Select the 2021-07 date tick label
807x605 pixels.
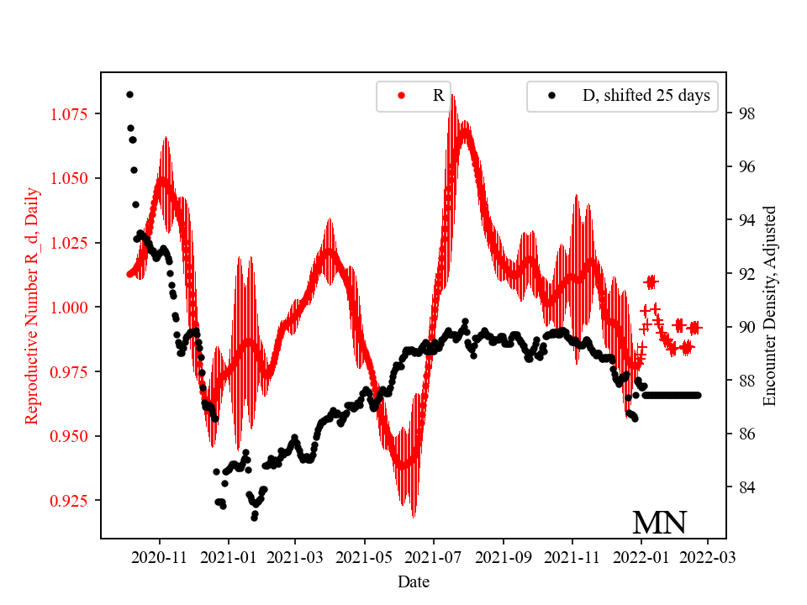click(x=434, y=556)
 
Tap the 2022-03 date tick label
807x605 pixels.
click(x=707, y=556)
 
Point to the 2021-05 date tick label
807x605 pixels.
click(x=365, y=556)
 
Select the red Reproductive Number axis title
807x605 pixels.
click(x=32, y=307)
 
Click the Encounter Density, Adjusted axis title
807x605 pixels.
click(x=769, y=307)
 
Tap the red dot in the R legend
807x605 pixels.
click(x=401, y=96)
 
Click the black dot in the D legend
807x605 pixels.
click(x=551, y=96)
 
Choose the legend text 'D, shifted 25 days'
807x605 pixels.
click(x=646, y=96)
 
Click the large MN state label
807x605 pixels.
click(x=659, y=523)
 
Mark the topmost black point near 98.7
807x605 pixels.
click(x=129, y=94)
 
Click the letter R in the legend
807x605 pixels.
click(x=438, y=96)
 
